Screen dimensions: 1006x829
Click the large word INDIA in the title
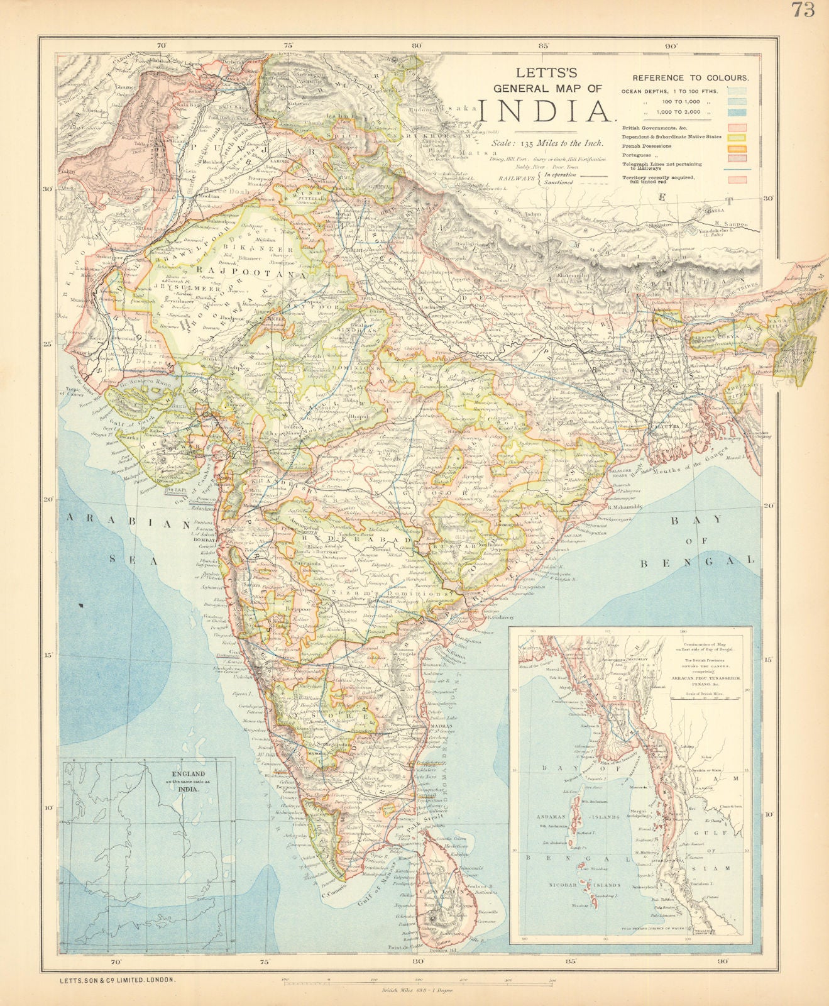[x=546, y=111]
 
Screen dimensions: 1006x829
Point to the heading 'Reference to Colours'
[x=689, y=78]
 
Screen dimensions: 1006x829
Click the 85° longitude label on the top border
[x=544, y=45]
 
